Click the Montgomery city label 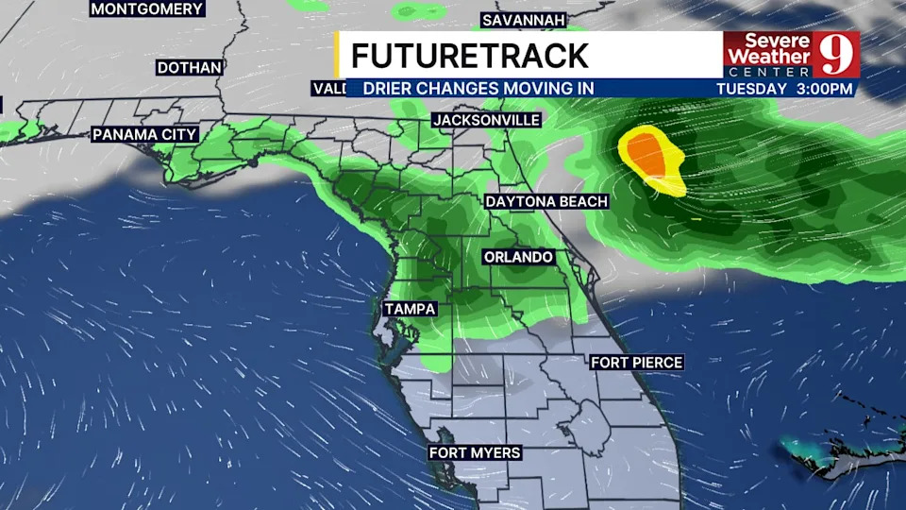(147, 8)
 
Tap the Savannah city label (523, 20)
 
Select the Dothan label (190, 68)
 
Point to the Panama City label (144, 134)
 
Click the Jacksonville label (486, 120)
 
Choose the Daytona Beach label (546, 201)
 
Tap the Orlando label (518, 257)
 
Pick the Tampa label (410, 309)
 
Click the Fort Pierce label (636, 362)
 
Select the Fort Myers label (475, 452)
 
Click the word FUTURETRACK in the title (469, 56)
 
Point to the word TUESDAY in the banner (751, 89)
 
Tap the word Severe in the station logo (765, 41)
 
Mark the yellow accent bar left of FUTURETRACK (338, 55)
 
